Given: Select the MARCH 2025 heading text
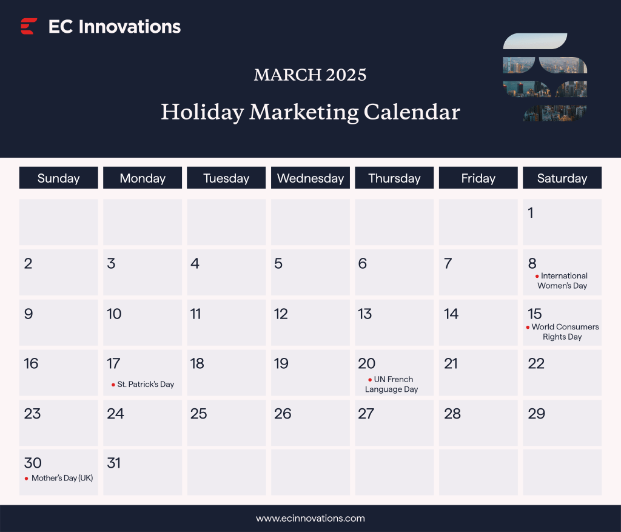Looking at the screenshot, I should point(310,75).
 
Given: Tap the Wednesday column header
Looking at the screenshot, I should point(310,178).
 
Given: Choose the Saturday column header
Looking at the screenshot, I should point(562,178).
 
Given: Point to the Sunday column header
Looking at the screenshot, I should point(58,178).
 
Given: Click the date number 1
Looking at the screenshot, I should point(531,213).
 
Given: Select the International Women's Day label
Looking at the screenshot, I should point(562,280).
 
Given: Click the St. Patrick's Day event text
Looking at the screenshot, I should point(146,384).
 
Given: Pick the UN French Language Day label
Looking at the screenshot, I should point(392,384).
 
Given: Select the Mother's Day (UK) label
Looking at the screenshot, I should point(62,478).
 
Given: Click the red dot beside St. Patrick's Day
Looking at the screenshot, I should point(113,385).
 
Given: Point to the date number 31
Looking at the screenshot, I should point(113,463).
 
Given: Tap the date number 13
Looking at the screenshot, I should point(364,314).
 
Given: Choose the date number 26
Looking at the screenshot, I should point(283,414).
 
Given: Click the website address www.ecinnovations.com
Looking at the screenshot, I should point(310,518).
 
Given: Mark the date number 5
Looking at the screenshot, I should point(278,263).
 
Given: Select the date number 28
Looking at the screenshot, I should point(452,414).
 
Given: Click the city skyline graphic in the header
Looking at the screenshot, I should point(545,77).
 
